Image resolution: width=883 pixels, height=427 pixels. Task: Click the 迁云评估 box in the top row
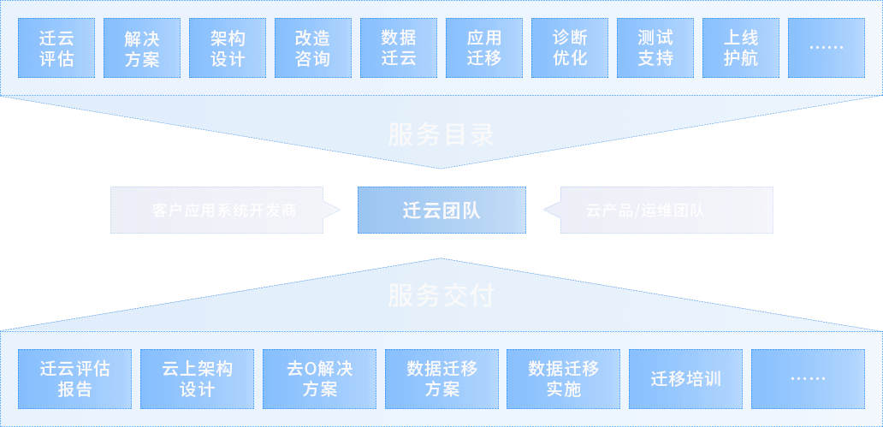pos(56,49)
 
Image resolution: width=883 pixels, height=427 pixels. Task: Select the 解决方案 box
pos(142,49)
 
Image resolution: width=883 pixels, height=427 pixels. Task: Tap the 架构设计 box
pos(228,49)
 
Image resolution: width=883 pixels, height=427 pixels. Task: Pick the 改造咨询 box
pos(312,49)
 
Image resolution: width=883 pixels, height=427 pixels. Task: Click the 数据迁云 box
pos(399,49)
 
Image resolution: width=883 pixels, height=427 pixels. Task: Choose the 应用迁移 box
pos(484,49)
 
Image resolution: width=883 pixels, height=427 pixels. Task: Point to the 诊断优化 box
pos(570,49)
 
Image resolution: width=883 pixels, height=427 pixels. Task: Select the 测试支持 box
pos(655,49)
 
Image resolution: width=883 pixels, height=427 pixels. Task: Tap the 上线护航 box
pos(741,49)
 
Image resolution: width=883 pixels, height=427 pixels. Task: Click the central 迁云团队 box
pos(441,211)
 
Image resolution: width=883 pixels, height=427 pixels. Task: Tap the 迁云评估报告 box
pos(75,378)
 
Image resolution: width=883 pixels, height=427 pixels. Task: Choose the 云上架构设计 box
pos(197,378)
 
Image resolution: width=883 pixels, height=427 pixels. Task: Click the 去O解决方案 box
pos(319,378)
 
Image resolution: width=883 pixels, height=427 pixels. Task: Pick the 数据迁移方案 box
pos(441,378)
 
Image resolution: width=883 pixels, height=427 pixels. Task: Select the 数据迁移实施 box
pos(563,378)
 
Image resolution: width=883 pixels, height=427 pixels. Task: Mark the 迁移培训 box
pos(685,378)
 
